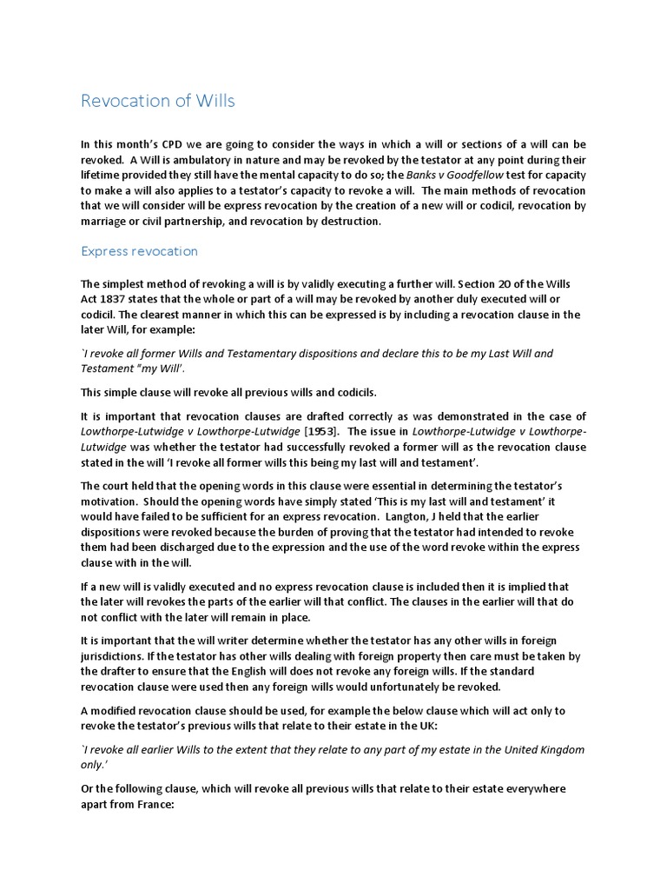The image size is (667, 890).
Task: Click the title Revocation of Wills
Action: tap(157, 102)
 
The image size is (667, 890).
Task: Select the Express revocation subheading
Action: tap(139, 251)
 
